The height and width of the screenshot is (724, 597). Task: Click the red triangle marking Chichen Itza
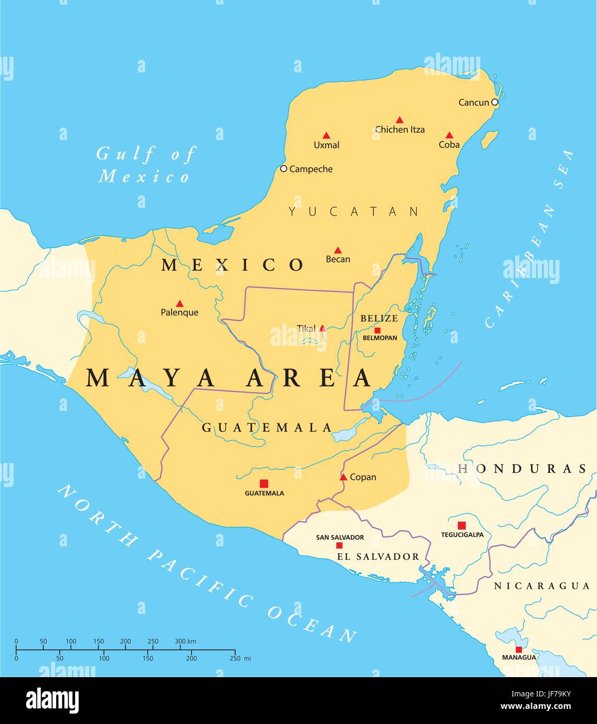400,120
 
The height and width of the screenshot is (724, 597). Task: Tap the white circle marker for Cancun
495,102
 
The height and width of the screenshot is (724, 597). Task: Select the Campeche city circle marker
283,169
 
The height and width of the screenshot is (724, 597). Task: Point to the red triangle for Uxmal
326,135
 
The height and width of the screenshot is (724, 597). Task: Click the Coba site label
449,145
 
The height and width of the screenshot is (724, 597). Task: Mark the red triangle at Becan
338,250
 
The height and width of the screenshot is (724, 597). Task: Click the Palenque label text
179,313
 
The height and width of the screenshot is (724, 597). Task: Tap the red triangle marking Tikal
322,328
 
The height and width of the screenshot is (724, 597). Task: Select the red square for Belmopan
377,330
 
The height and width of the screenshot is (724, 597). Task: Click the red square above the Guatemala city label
264,483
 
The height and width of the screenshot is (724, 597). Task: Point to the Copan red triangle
343,477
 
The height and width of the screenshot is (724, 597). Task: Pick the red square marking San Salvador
339,545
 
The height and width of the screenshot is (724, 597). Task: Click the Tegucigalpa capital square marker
462,526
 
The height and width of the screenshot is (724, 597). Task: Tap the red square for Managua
519,650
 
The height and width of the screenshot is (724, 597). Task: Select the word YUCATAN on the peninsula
354,211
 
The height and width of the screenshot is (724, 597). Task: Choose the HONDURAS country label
522,469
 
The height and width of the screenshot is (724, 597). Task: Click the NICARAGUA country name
542,586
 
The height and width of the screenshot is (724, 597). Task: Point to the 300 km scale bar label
185,641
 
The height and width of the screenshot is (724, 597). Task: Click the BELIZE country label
379,318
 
